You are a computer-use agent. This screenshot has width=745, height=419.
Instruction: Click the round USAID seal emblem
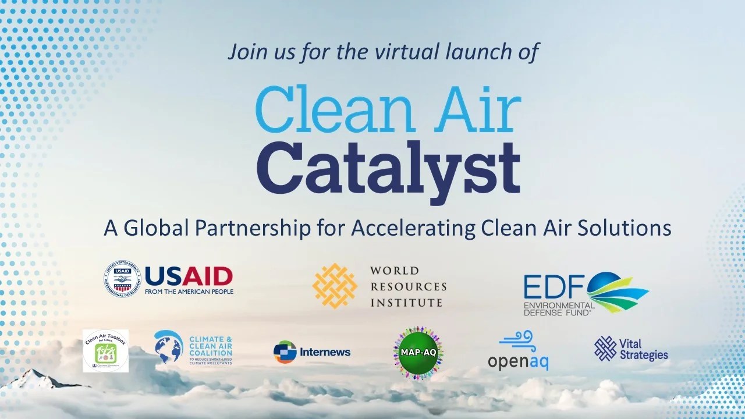[x=123, y=279]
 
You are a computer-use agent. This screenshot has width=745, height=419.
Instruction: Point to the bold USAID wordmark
[x=188, y=275]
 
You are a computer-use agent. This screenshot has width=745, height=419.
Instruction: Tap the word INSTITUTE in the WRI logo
[x=406, y=303]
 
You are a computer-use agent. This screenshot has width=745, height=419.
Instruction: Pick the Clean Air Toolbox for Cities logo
[x=105, y=350]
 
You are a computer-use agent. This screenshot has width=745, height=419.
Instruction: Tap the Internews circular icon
[x=285, y=351]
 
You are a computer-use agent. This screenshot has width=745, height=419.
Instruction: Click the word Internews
[x=325, y=352]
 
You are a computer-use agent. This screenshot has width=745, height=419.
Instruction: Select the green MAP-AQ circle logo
[x=418, y=352]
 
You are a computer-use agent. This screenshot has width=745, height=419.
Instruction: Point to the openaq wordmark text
[x=518, y=361]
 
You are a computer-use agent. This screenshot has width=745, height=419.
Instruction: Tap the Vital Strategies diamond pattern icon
[x=605, y=347]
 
